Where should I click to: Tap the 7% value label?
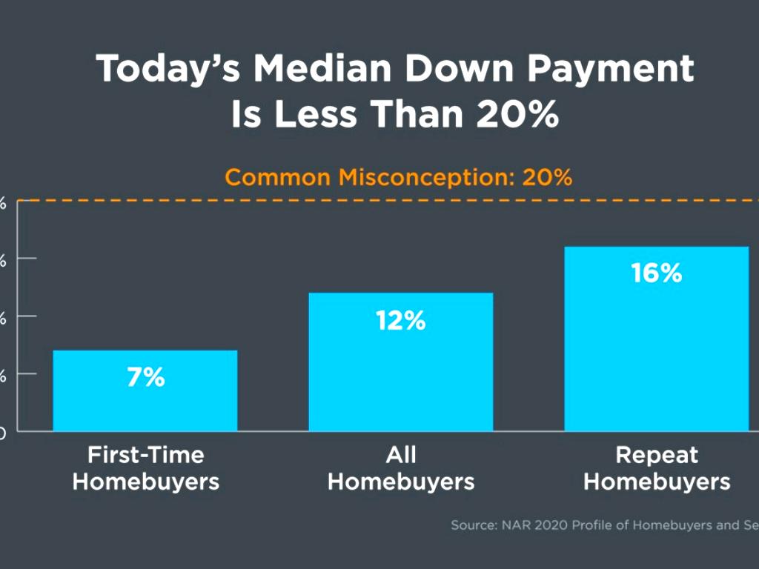coord(145,377)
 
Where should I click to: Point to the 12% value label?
coord(400,321)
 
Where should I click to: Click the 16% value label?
coord(656,273)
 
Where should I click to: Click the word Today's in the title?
coord(168,69)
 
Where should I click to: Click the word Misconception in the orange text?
coord(425,178)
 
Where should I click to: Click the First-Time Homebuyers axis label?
coord(145,467)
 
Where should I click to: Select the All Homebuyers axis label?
coord(400,467)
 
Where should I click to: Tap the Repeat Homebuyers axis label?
coord(657,467)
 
